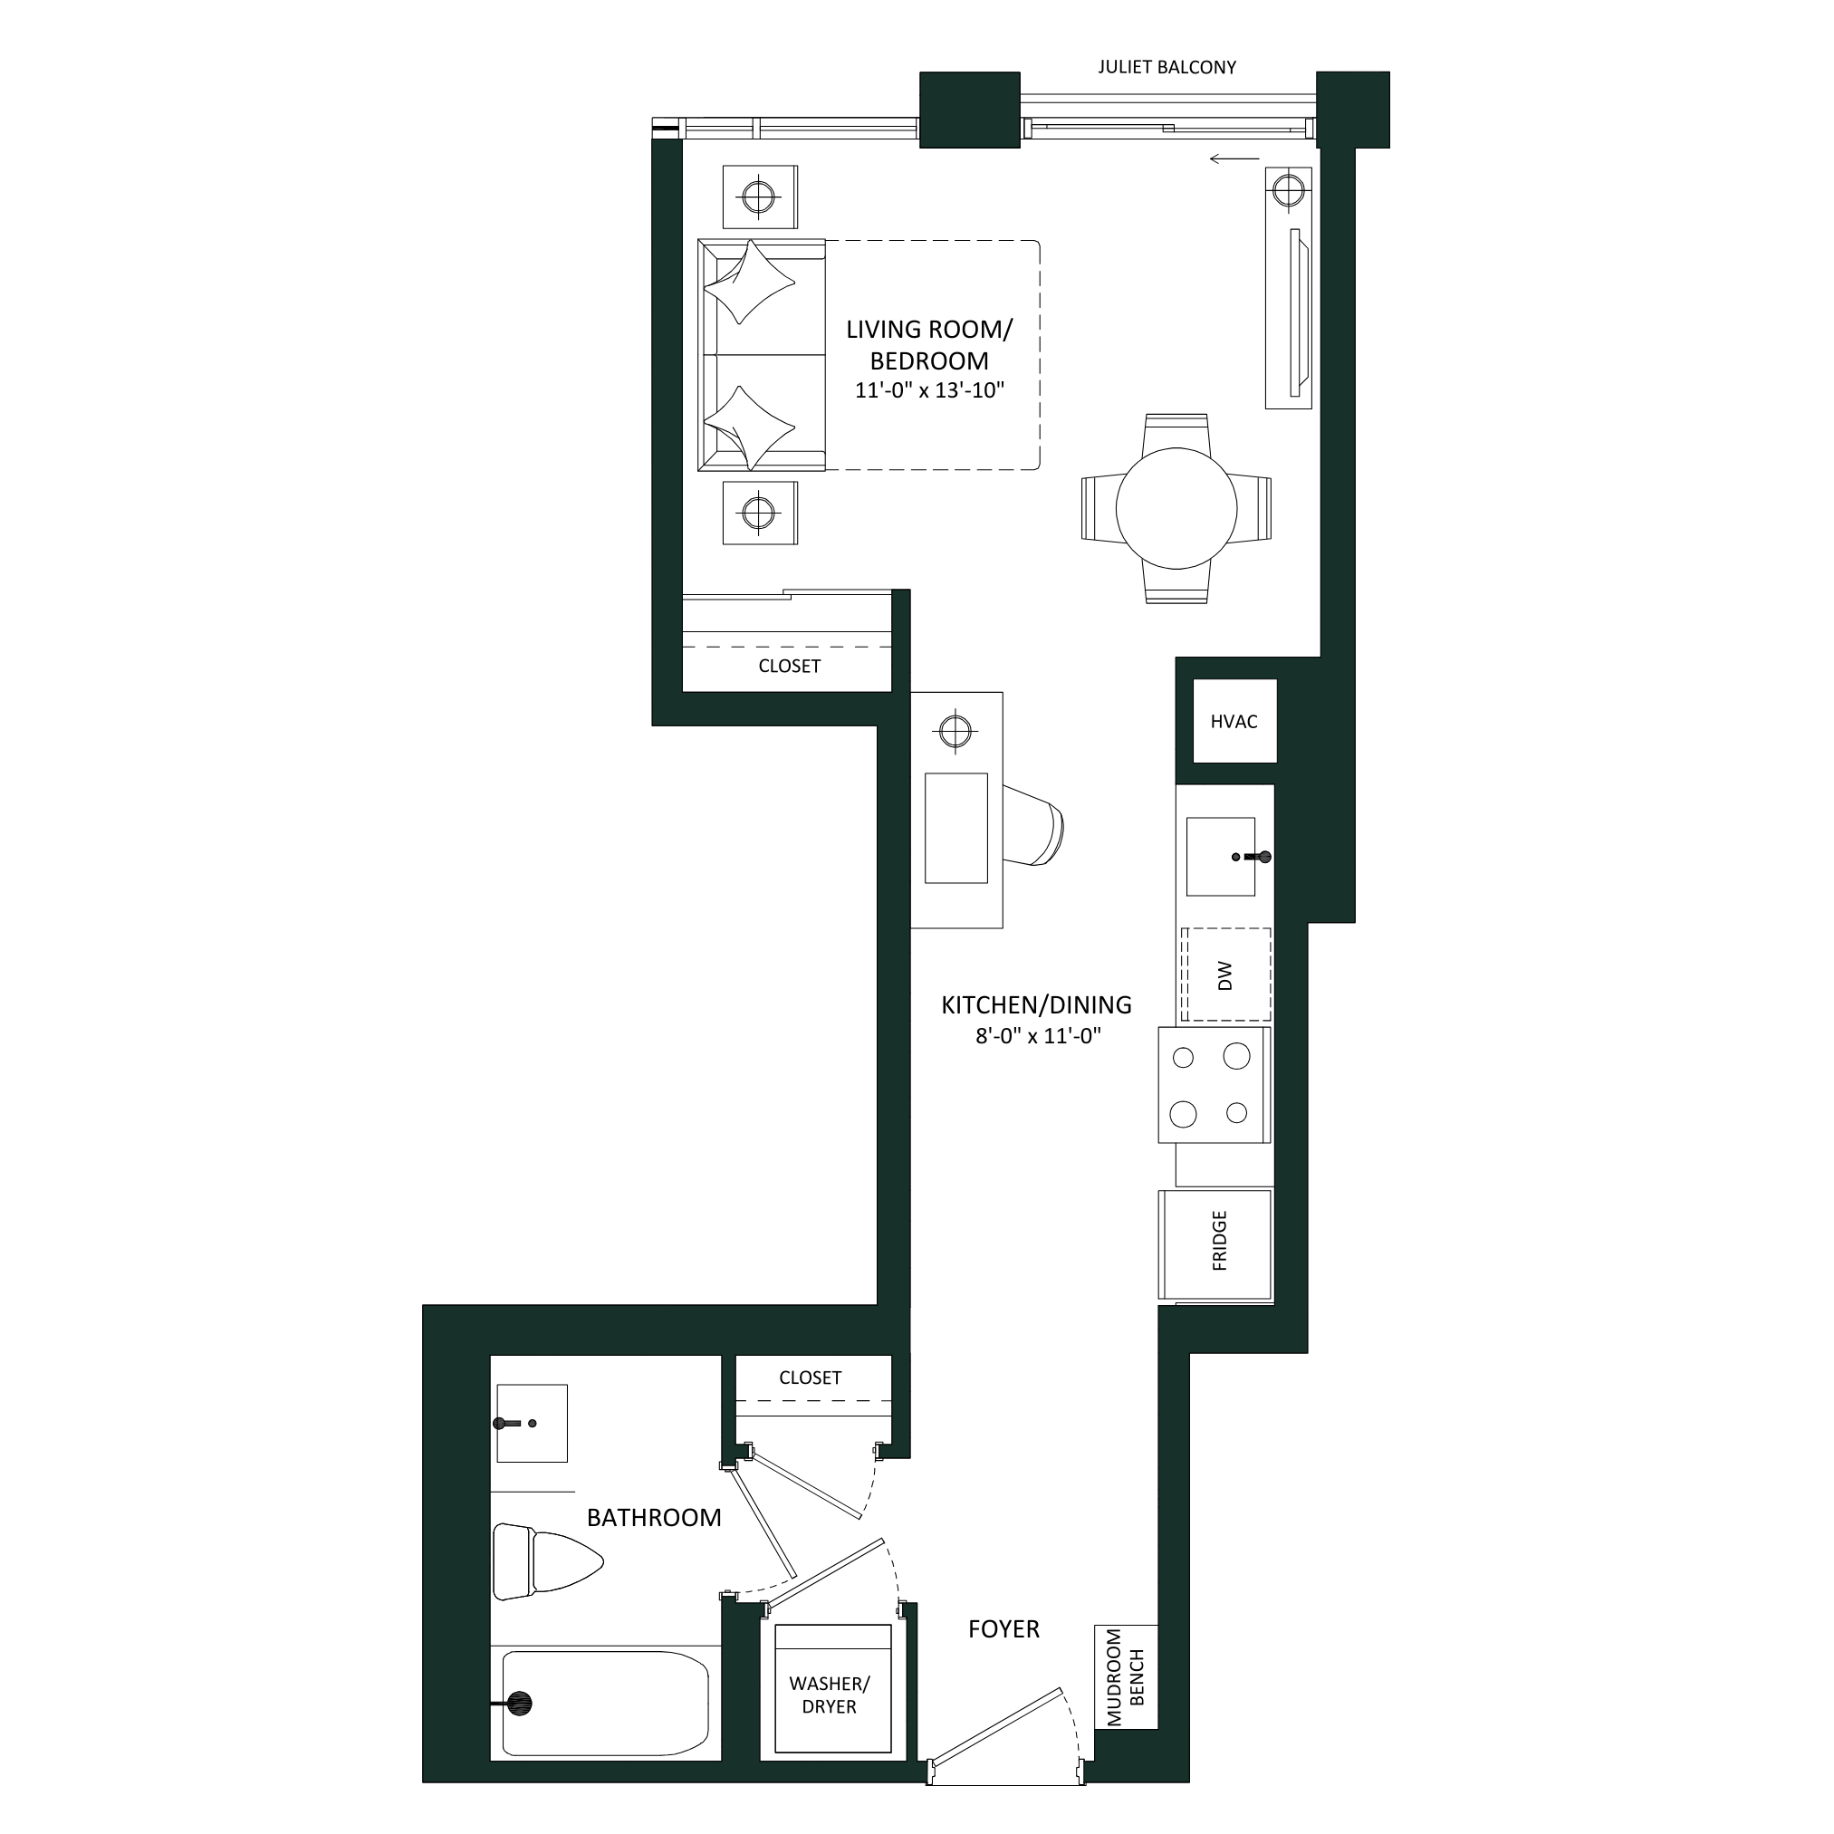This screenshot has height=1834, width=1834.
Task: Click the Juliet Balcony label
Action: click(1167, 67)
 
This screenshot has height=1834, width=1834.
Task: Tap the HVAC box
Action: click(1234, 721)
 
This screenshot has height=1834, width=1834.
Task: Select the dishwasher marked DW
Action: click(1225, 975)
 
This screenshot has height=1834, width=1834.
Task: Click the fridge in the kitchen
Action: click(1215, 1243)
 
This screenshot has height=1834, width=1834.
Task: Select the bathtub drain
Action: click(518, 1704)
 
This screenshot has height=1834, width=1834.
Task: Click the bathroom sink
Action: click(532, 1423)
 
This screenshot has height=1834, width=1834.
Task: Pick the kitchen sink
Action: click(1221, 856)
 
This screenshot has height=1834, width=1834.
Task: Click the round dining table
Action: click(1176, 509)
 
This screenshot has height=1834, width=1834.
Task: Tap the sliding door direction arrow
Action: click(1234, 158)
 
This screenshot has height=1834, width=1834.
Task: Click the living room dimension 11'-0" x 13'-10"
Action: click(929, 390)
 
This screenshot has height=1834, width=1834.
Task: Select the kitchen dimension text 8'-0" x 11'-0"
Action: click(1038, 1036)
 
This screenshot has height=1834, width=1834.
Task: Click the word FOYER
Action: click(1003, 1630)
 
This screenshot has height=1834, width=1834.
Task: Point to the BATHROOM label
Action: click(654, 1518)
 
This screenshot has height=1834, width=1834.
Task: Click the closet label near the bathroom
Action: click(810, 1378)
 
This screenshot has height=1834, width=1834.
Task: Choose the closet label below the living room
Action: click(789, 666)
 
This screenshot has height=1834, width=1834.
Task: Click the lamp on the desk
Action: click(955, 731)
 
